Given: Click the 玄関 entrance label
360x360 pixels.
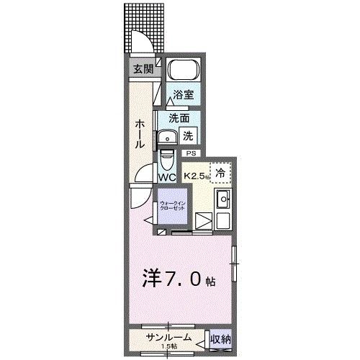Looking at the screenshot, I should coord(143,69).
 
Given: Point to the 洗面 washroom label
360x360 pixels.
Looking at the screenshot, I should coord(179,117).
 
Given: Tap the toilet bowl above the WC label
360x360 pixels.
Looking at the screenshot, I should coord(167,157).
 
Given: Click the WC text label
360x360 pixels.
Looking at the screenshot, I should coord(167,177).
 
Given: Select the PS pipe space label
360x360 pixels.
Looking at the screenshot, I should coord(191,153).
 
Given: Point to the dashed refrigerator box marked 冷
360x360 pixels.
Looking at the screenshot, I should coord(221,173).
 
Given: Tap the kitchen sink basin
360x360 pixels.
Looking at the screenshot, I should coord(223,199).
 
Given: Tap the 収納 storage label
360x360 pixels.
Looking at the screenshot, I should coord(220,338).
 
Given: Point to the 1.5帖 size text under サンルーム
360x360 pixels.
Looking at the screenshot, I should coord(171,346).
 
